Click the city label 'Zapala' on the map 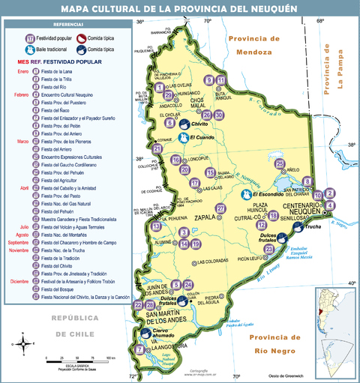[207, 218]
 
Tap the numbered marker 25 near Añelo [280, 163]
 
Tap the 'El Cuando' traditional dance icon [184, 138]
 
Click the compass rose [25, 345]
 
